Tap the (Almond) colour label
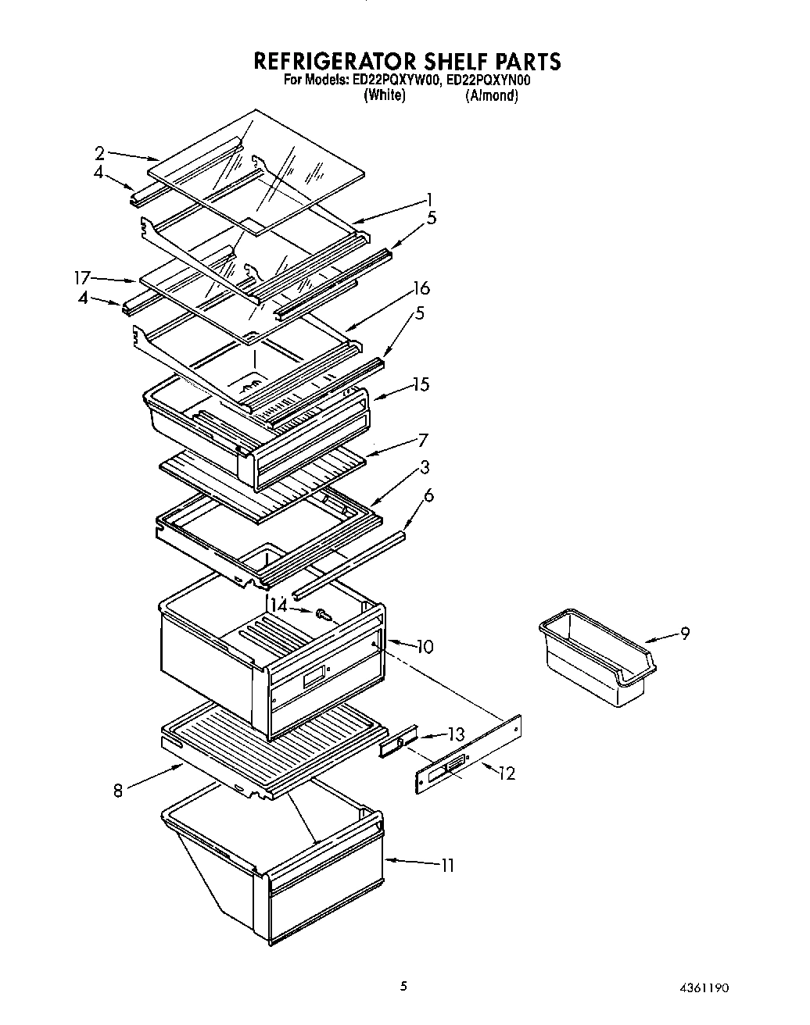click(492, 96)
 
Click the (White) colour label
click(385, 96)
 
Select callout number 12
click(507, 773)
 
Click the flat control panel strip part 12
click(468, 754)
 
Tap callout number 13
click(455, 734)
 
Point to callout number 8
click(118, 791)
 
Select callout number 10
click(425, 647)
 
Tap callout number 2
click(100, 152)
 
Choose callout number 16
click(421, 288)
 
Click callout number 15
click(421, 384)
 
